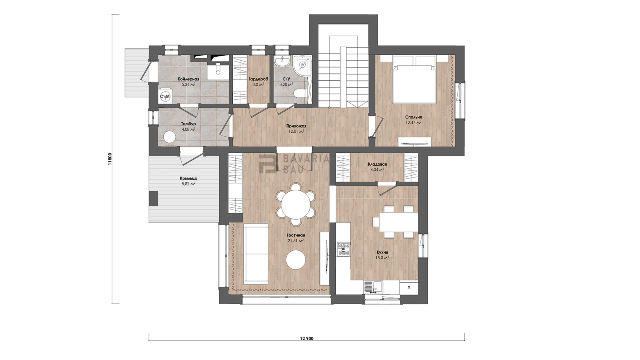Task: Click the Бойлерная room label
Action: point(188,79)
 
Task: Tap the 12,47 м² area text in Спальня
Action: point(414,122)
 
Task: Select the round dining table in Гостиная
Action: point(296,204)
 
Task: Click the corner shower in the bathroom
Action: point(302,64)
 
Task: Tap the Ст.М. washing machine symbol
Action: point(165,96)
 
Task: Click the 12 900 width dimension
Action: point(306,338)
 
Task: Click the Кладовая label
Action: point(377,164)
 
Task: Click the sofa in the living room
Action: point(256,254)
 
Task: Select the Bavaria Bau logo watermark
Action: point(294,164)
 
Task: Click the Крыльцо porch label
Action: point(188,178)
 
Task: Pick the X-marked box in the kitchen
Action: point(409,288)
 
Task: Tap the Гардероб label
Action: point(258,79)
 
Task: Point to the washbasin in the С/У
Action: point(282,61)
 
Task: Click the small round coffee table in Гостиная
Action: point(296,260)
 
